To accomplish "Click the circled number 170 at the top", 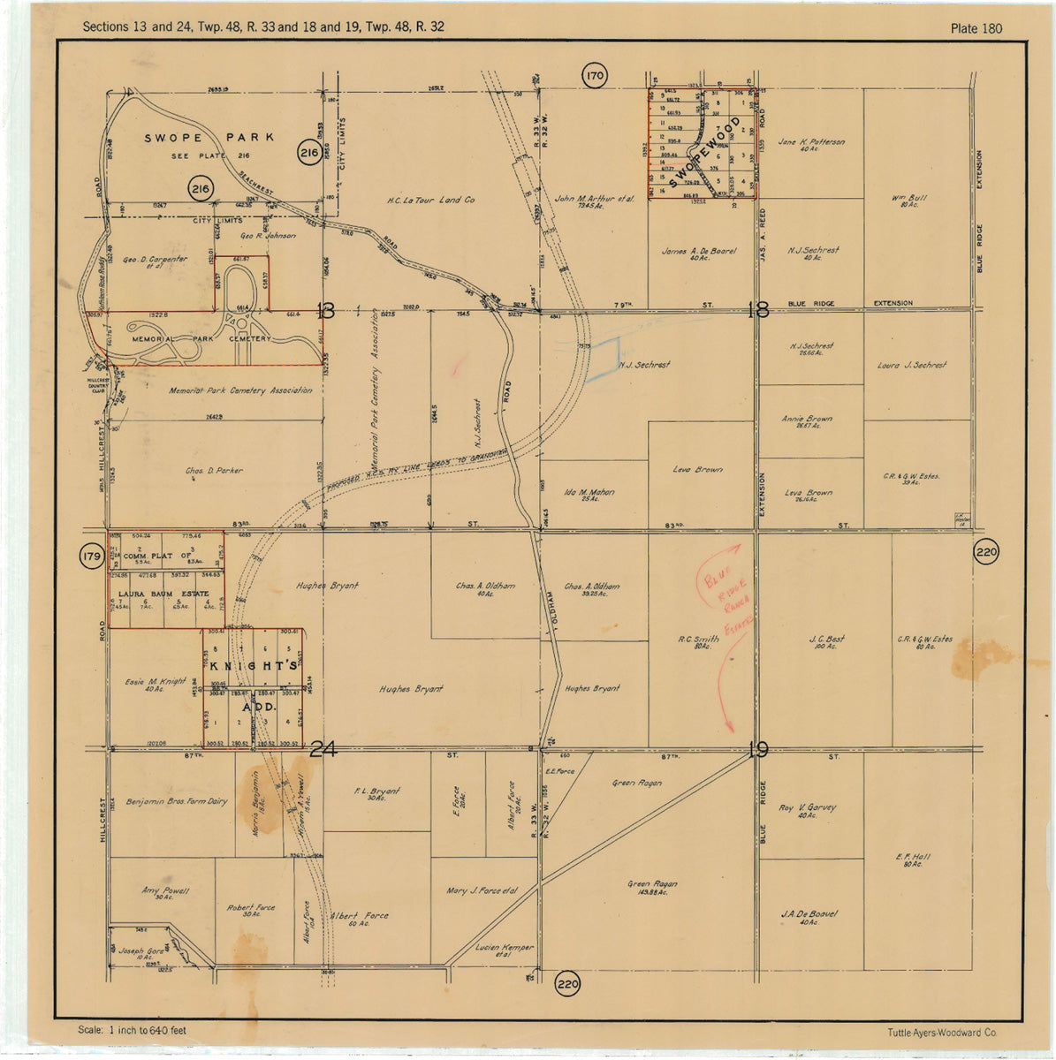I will (x=595, y=76).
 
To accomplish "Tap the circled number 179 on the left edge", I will (x=91, y=557).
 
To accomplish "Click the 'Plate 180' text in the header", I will (x=976, y=28).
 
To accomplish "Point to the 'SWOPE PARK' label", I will (x=209, y=138).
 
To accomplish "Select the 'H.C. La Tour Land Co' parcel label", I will (x=430, y=201).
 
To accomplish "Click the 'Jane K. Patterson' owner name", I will (x=810, y=142).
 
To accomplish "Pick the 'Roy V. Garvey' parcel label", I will (x=807, y=807).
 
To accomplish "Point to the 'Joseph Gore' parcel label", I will (x=142, y=952).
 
